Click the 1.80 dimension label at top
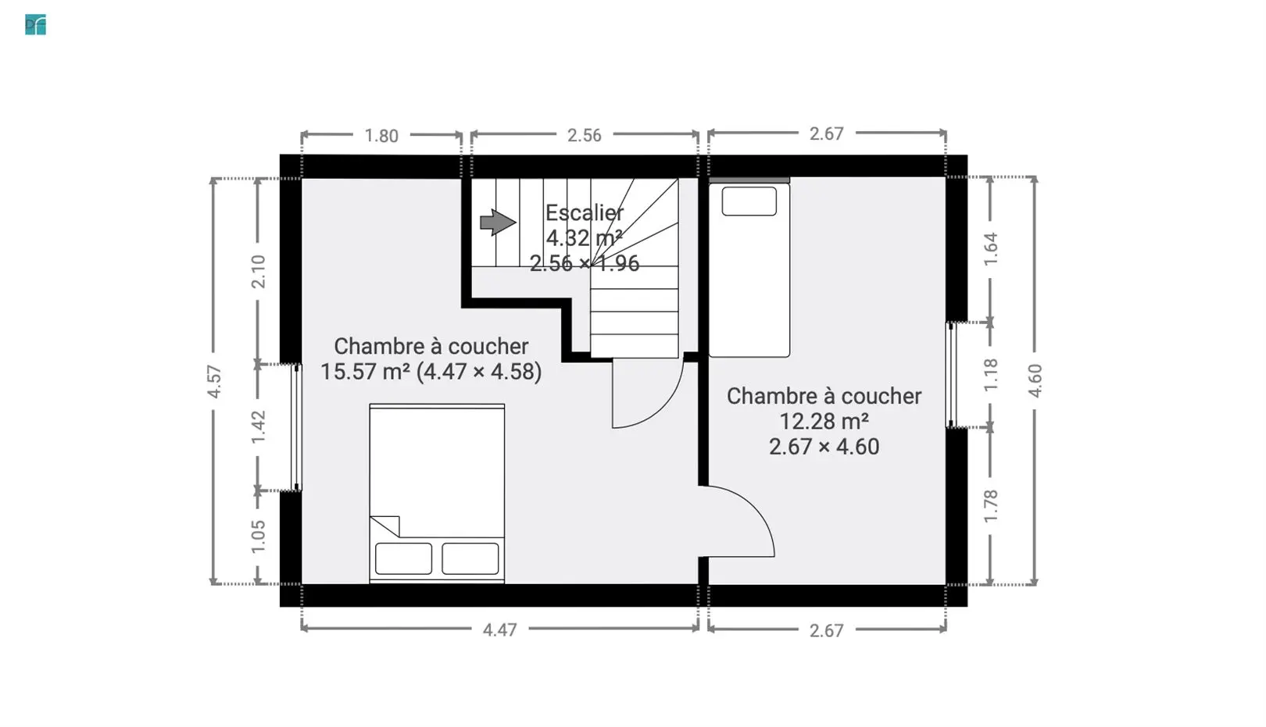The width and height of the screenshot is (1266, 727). [381, 136]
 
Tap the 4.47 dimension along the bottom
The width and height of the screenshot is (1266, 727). [499, 630]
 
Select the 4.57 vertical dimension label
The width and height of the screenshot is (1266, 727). [214, 381]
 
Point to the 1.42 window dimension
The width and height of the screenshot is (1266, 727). [259, 427]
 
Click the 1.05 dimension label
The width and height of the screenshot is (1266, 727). [259, 536]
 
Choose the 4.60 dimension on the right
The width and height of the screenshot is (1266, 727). [1035, 381]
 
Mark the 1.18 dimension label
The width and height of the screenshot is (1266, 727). [991, 375]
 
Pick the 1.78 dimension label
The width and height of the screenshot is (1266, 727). [991, 506]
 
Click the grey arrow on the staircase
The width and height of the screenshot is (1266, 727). [498, 222]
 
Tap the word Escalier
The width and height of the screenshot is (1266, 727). [585, 213]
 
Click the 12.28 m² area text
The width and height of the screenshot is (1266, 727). [824, 422]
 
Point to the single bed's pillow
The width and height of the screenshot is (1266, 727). [749, 201]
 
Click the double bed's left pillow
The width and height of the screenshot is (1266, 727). [403, 558]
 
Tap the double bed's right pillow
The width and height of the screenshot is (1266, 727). [470, 558]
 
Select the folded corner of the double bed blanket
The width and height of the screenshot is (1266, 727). [386, 526]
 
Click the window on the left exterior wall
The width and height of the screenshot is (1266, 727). [297, 427]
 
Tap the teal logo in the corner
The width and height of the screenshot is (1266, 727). [36, 25]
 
